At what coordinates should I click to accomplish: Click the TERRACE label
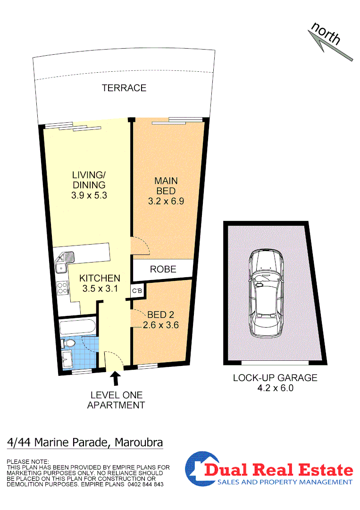click(124, 88)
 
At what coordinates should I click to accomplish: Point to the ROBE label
click(163, 270)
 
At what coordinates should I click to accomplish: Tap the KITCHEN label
click(99, 278)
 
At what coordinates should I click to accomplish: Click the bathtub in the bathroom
click(78, 327)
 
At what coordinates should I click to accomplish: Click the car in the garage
click(266, 293)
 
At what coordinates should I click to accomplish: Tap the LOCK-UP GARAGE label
click(275, 378)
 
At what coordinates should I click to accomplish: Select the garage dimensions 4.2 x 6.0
click(275, 388)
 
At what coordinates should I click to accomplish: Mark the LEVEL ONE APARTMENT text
click(116, 400)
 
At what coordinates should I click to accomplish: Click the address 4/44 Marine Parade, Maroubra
click(85, 443)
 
